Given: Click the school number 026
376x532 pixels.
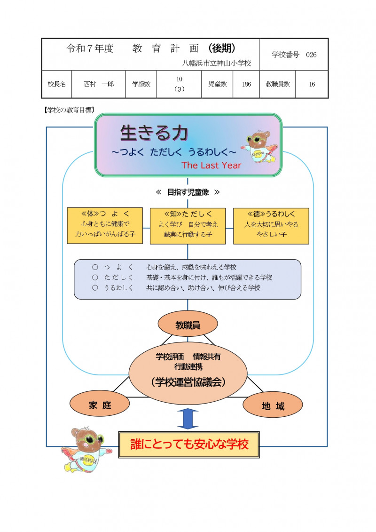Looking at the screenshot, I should [311, 55].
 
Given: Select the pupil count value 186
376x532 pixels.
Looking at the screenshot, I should [247, 84].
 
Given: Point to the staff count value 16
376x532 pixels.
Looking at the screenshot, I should [312, 84].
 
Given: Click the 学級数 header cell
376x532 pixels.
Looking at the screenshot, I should [141, 84].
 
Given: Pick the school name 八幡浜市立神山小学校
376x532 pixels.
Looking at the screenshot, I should [217, 62].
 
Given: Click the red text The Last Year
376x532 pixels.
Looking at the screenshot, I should [211, 165].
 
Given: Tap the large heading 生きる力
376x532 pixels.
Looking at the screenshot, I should [154, 133].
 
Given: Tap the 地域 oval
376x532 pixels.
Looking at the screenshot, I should [273, 406].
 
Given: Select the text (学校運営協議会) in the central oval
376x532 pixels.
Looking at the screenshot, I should [188, 382].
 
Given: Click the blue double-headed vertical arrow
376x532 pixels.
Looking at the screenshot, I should [188, 419].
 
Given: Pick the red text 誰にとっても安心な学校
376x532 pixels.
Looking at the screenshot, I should [189, 445].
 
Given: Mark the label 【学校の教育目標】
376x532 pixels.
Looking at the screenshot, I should [68, 110].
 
